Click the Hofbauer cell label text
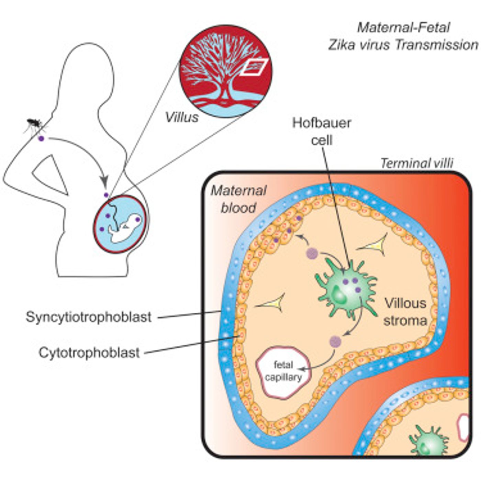(322, 132)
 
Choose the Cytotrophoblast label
(89, 353)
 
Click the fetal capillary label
(283, 371)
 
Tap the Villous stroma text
(405, 312)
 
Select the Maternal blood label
(239, 199)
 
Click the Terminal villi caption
(417, 164)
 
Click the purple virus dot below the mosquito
(41, 138)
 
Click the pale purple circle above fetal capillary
(335, 341)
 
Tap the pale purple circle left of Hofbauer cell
(312, 254)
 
